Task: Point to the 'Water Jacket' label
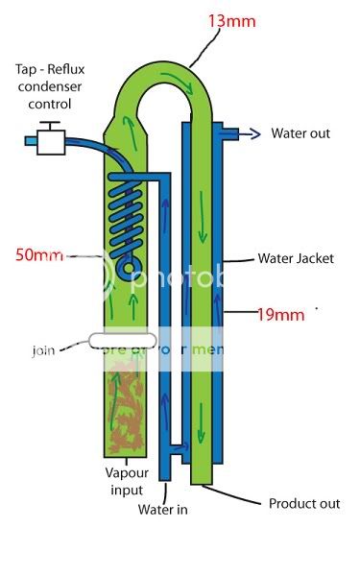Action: point(296,258)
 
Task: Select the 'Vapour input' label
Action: point(125,479)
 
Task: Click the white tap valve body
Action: point(49,143)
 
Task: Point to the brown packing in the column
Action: point(124,403)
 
